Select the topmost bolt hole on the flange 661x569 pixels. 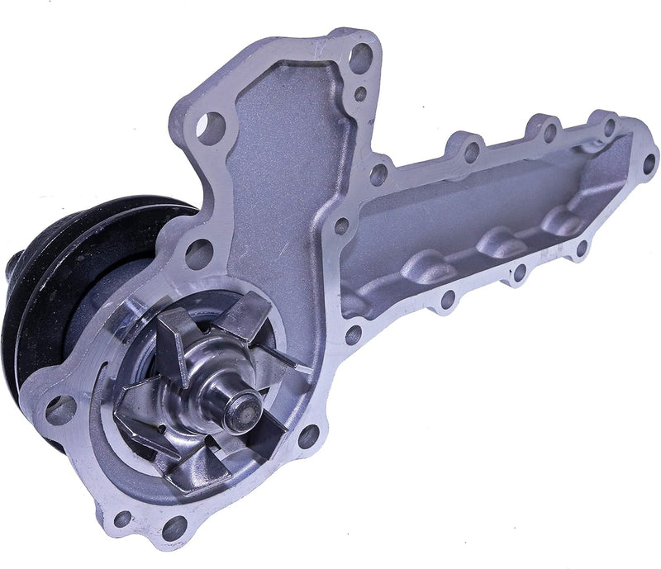tap(360, 55)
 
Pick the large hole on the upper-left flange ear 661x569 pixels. tap(212, 126)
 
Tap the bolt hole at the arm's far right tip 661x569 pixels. tap(649, 162)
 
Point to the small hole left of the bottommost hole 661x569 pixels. tap(122, 518)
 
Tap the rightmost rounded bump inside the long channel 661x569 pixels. tap(565, 221)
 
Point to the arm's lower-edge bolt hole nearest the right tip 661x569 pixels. tap(581, 245)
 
